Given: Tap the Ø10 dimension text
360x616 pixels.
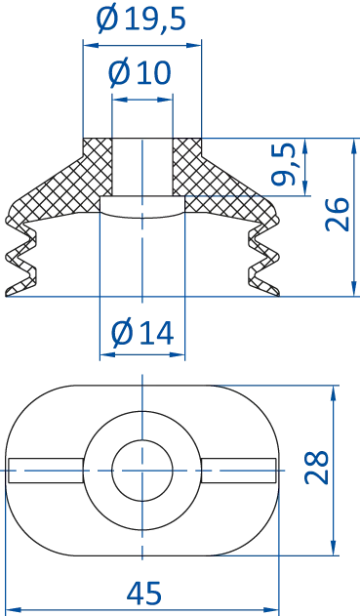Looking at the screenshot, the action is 142,73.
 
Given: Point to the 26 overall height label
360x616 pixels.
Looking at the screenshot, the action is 336,213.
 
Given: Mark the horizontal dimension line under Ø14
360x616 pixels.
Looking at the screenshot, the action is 142,357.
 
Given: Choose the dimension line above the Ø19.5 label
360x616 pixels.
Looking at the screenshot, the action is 142,43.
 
